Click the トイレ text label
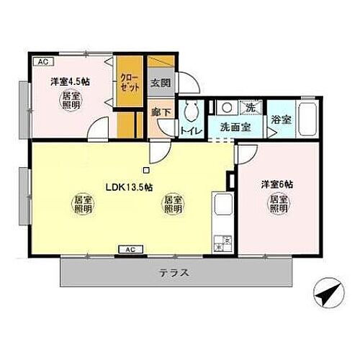pos(190,131)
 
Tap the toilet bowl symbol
pos(191,111)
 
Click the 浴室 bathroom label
pos(282,120)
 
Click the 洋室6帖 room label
pos(276,183)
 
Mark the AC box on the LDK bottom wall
pos(130,249)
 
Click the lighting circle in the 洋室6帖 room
pos(279,204)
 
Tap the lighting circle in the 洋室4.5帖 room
pos(71,100)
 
